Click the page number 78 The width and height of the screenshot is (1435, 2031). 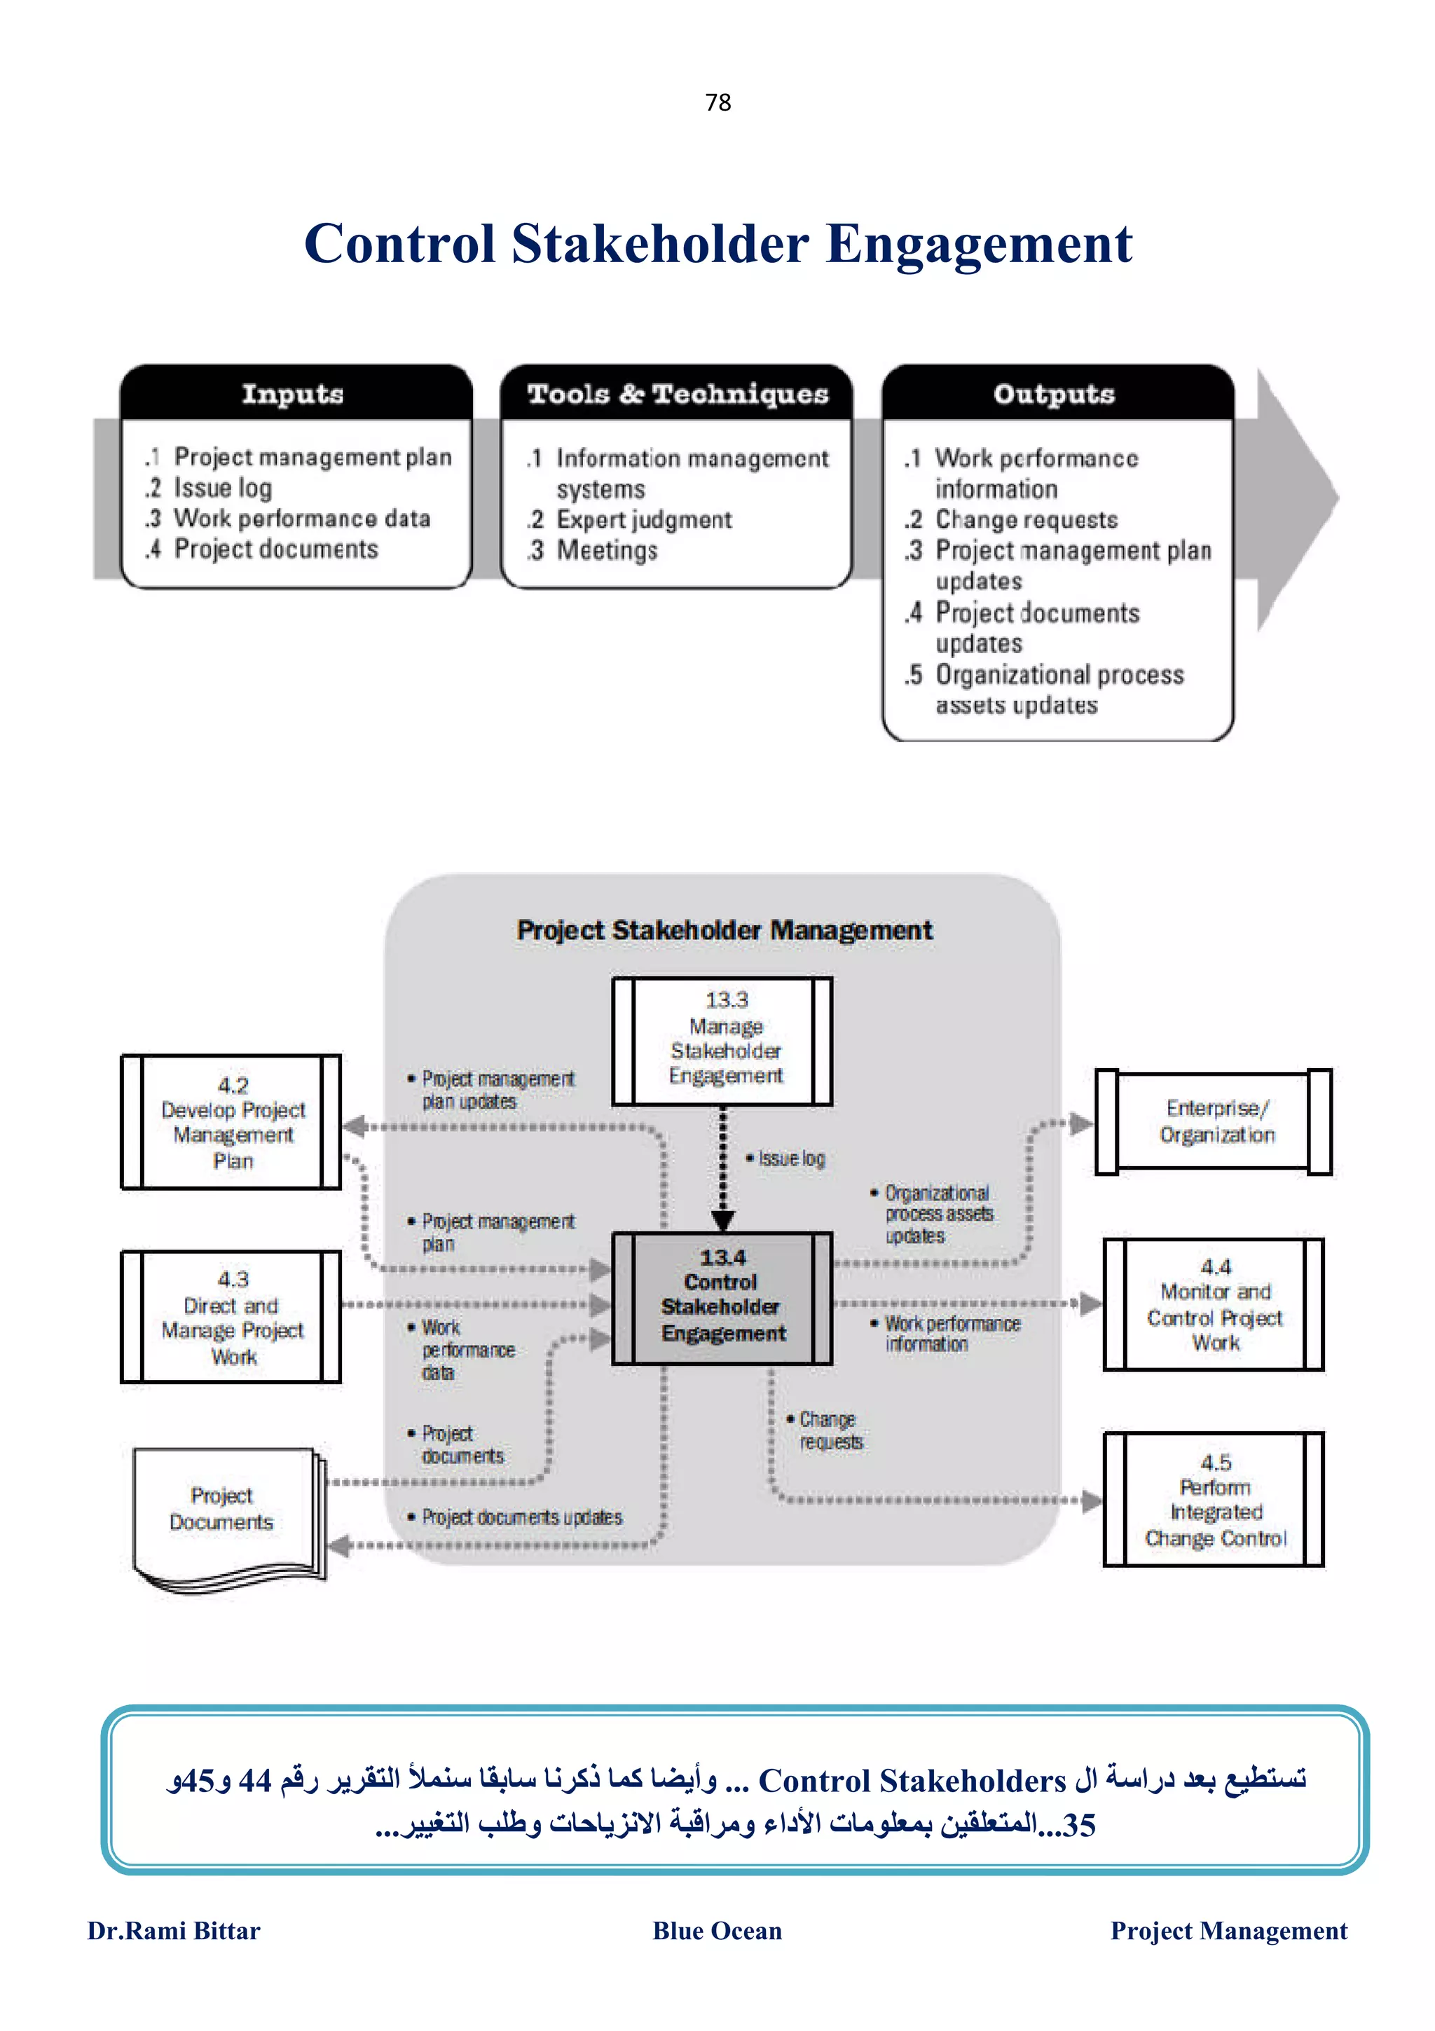[x=717, y=102]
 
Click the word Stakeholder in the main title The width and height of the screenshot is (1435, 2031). [x=659, y=244]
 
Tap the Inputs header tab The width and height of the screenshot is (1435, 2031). [x=293, y=394]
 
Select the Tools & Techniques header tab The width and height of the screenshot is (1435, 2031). [x=678, y=394]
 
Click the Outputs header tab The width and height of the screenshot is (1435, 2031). [x=1054, y=394]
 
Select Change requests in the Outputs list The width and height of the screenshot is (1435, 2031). [x=1026, y=520]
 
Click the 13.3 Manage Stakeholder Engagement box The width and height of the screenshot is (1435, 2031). [x=722, y=1040]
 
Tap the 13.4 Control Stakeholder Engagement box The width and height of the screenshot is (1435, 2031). [x=722, y=1297]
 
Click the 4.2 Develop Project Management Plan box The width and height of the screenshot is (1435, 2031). [x=232, y=1121]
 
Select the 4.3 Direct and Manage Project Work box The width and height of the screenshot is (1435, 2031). [x=232, y=1316]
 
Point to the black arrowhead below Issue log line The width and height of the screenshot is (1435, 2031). [x=722, y=1221]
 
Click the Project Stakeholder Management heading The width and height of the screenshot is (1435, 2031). [x=724, y=931]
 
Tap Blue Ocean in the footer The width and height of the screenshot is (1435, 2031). [x=717, y=1931]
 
